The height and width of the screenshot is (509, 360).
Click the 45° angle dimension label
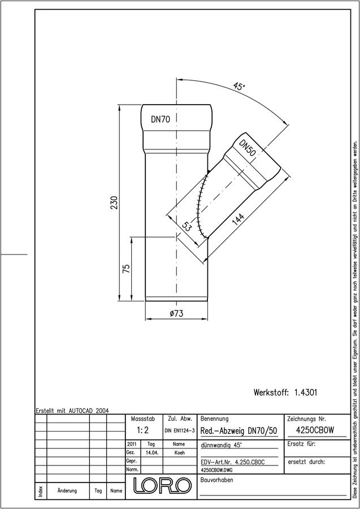tap(239, 87)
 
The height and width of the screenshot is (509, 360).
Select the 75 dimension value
tap(127, 268)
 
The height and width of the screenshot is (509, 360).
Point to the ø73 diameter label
tap(176, 313)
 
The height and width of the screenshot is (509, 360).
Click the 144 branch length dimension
tap(238, 221)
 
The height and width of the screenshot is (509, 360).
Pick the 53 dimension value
tap(186, 226)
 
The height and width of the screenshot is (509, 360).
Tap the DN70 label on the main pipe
tap(160, 119)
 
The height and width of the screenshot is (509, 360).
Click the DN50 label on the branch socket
tap(248, 148)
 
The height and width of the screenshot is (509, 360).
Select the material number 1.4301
tap(306, 392)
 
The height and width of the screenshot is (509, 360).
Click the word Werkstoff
tap(271, 392)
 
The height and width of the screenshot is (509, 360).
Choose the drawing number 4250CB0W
tap(315, 430)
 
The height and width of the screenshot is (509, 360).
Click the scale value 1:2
tap(143, 430)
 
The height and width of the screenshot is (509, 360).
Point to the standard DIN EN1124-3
tap(179, 430)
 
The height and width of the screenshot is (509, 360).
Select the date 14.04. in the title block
tap(152, 452)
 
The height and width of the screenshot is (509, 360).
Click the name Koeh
tap(179, 452)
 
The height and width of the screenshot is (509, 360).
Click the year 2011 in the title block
tap(132, 444)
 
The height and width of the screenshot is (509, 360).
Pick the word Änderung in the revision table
tap(67, 490)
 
